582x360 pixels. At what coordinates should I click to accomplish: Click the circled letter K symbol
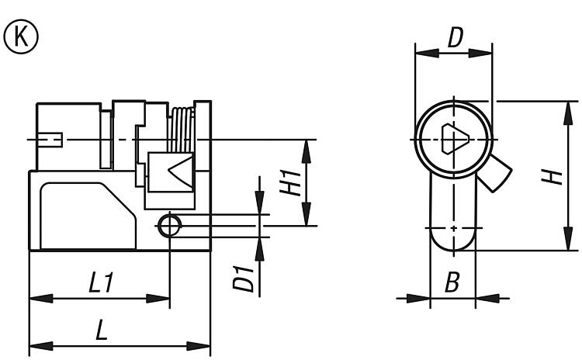point(21,36)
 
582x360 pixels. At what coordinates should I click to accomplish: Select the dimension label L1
point(101,282)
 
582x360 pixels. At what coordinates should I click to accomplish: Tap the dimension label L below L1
point(102,331)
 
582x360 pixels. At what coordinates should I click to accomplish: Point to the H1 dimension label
point(291,183)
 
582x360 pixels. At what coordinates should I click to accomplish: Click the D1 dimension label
point(244,279)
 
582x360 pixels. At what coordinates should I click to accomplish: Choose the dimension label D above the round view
point(455,38)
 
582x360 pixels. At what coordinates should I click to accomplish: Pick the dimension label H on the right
point(552,177)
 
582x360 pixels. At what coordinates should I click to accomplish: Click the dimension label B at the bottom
point(452,282)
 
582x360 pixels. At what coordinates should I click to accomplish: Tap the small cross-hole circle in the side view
point(170,226)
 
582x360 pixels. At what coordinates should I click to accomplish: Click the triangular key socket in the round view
point(454,139)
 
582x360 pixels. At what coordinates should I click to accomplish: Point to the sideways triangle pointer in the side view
point(181,171)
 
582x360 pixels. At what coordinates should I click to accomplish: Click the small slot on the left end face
point(50,140)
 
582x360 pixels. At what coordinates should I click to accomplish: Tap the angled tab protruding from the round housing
point(495,173)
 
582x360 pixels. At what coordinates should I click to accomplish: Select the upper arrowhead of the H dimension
point(568,112)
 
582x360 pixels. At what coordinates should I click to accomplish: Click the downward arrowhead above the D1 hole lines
point(259,202)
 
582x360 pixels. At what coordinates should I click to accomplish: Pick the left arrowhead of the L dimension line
point(41,346)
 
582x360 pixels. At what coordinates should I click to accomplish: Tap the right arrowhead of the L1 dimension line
point(158,298)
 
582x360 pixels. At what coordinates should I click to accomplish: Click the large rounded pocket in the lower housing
point(88,216)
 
